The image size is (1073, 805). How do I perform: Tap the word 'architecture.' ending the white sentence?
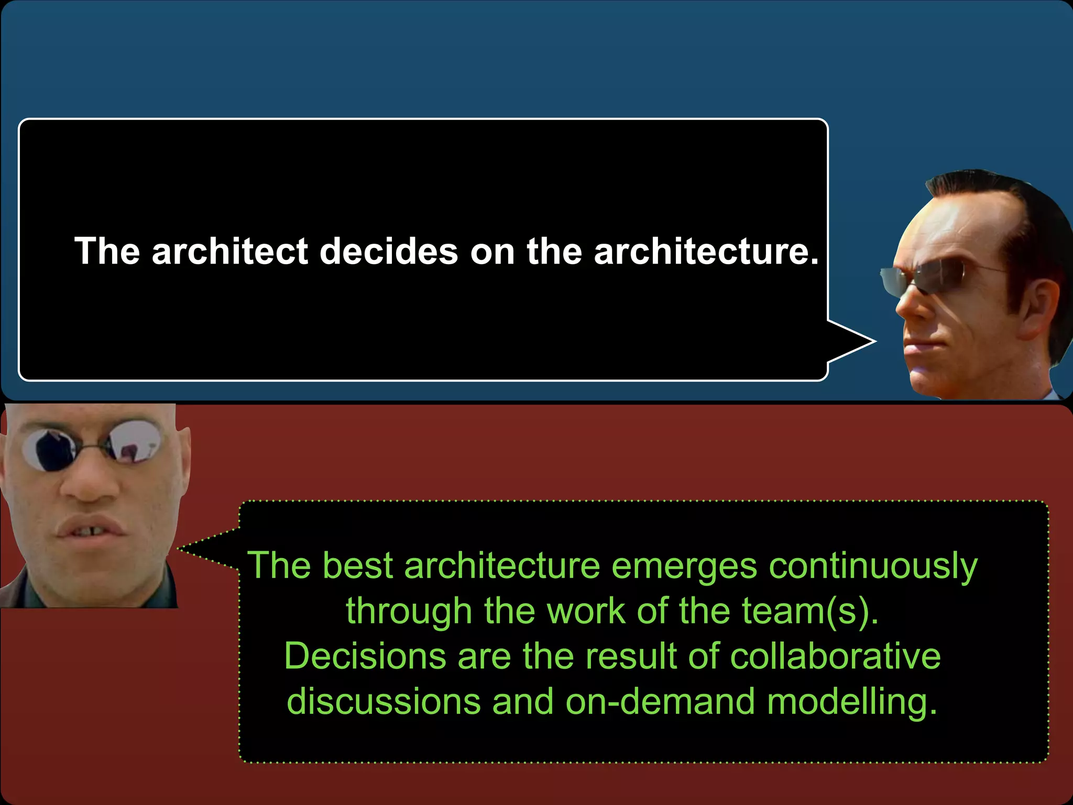706,251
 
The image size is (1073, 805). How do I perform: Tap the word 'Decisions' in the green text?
365,656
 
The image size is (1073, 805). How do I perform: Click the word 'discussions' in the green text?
384,701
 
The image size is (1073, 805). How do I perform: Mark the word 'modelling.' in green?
852,702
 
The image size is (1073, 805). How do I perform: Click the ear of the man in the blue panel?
1040,304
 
